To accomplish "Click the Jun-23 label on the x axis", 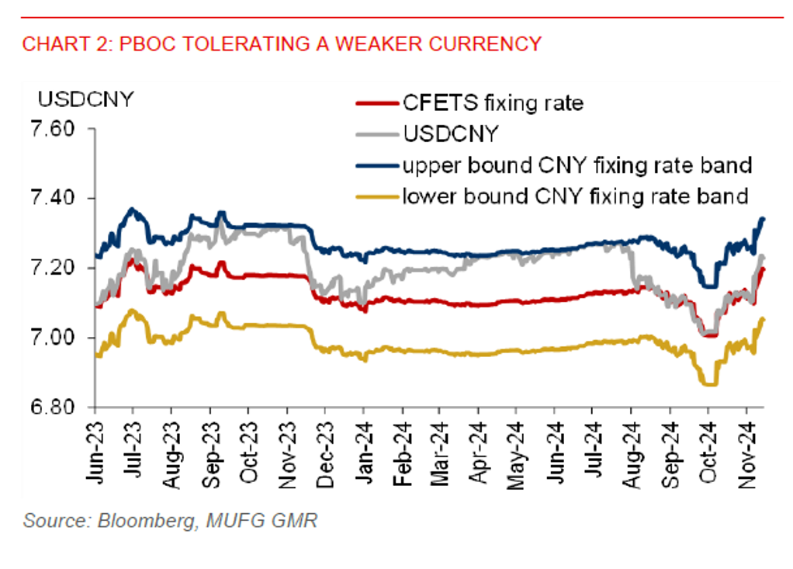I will tap(95, 451).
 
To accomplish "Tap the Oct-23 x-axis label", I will tap(249, 451).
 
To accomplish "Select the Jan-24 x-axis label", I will tap(364, 451).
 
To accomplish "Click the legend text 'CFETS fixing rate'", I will tap(492, 102).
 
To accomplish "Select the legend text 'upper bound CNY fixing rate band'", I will tap(577, 165).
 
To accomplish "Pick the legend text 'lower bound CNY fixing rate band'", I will tap(576, 196).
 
